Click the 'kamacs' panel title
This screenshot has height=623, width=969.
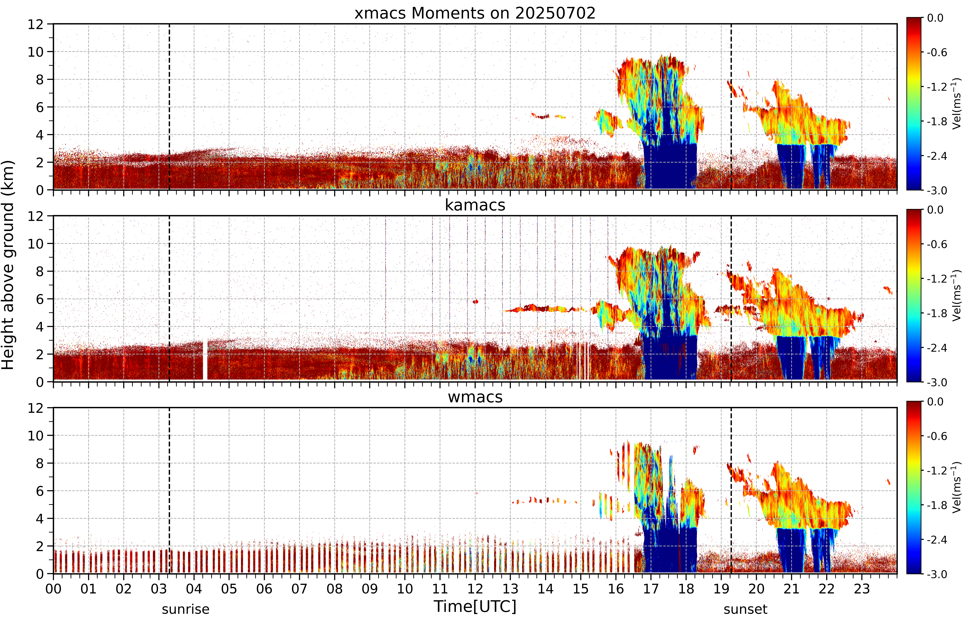(x=475, y=205)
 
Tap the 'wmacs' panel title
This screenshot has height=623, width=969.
(x=475, y=397)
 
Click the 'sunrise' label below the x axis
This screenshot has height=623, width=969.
(x=185, y=609)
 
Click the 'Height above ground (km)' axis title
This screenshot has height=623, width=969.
(x=8, y=265)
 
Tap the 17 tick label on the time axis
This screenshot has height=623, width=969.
(x=651, y=589)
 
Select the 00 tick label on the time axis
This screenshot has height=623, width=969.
(x=53, y=589)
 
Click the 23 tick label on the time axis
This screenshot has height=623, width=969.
(x=862, y=589)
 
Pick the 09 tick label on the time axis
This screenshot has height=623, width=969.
(x=369, y=589)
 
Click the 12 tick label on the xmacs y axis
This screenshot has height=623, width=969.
(x=36, y=24)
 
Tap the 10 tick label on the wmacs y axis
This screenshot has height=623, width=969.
(x=36, y=436)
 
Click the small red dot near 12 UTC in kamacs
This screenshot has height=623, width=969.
(x=476, y=301)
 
